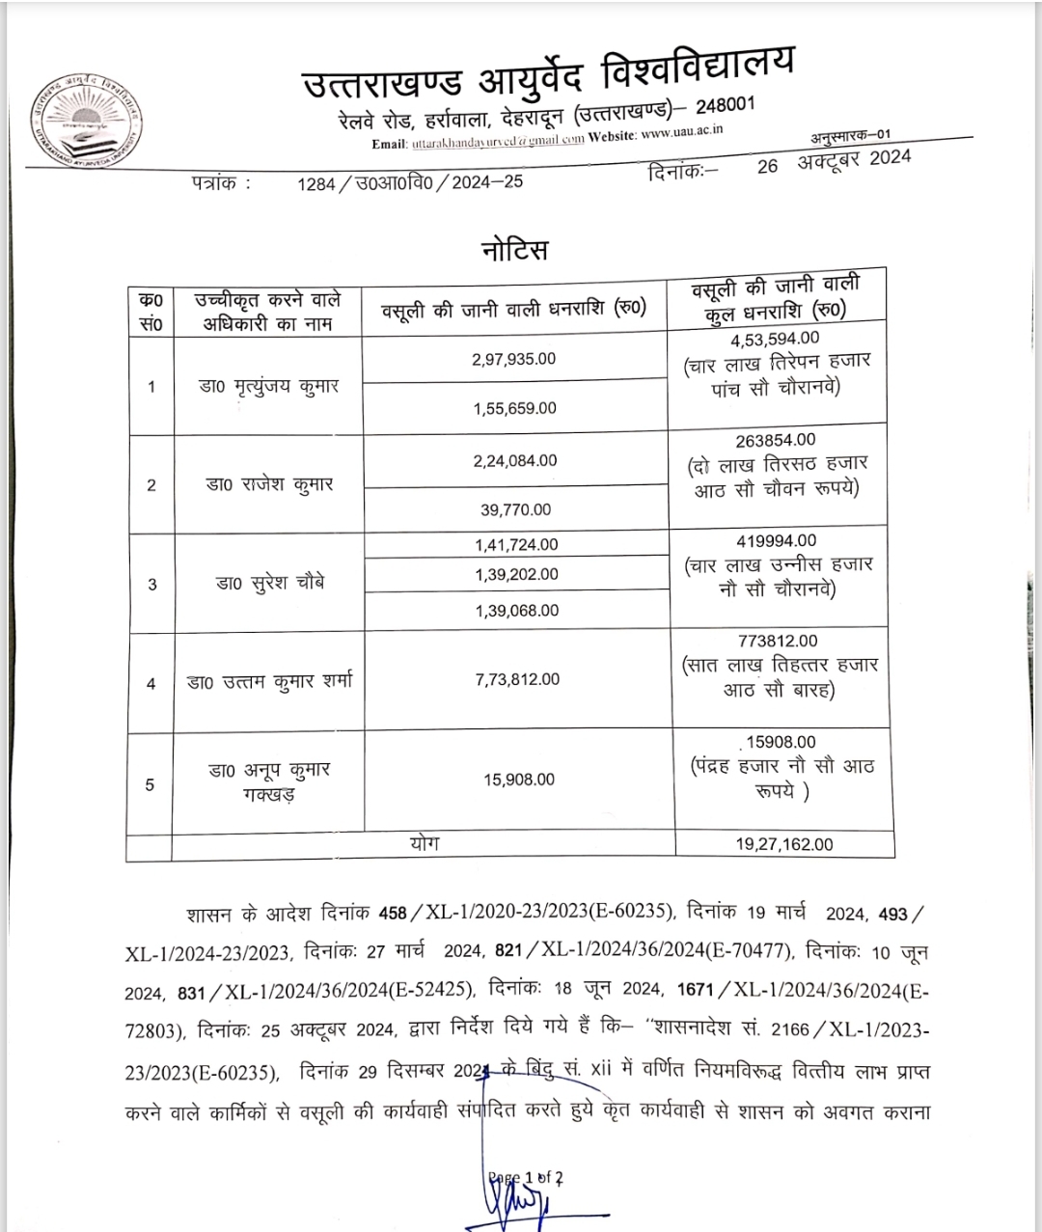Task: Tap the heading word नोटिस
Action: coord(514,250)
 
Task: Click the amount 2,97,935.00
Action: coord(514,359)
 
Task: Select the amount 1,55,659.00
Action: coord(514,408)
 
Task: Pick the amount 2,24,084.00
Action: coord(515,461)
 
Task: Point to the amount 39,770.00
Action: coord(516,509)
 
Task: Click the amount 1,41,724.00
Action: coord(516,545)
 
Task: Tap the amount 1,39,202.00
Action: coord(516,574)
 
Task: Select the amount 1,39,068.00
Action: coord(516,611)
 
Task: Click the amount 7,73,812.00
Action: coord(517,679)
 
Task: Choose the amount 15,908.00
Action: coord(519,780)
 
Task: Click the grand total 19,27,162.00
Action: coord(783,844)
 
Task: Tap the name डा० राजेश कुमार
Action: coord(269,484)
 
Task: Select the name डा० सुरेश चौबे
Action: coord(270,584)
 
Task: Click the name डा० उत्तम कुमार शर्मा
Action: coord(269,682)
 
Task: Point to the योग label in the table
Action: coord(424,843)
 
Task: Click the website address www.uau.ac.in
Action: coord(682,133)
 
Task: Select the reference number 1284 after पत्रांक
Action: coord(316,182)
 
